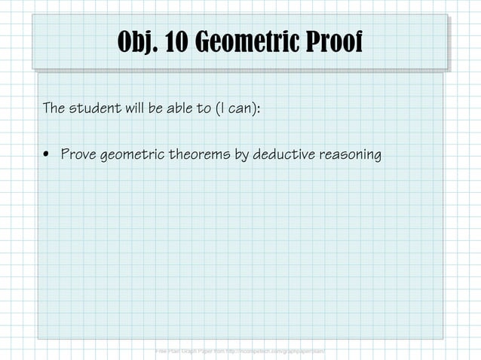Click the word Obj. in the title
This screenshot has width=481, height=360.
coord(140,43)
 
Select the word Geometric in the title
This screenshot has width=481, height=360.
coord(251,43)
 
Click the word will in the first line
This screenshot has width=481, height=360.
coord(134,109)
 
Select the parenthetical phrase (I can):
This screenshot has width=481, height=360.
coord(237,109)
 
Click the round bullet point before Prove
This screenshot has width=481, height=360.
coord(47,156)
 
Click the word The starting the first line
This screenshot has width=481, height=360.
coord(54,109)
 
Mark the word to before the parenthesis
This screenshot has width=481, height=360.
coord(204,109)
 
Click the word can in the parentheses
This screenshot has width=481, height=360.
coord(240,109)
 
